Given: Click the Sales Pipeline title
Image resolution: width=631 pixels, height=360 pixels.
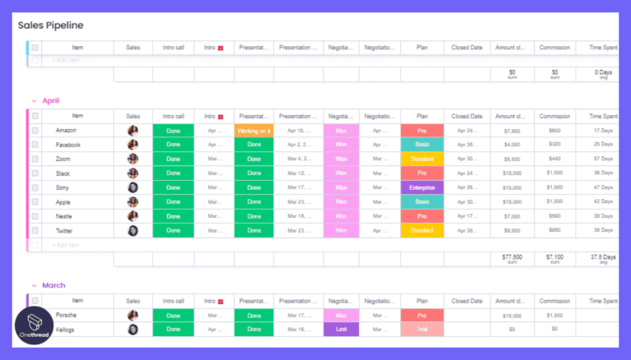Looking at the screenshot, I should coord(51,25).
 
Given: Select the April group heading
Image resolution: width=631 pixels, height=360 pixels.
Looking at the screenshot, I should coord(50,100).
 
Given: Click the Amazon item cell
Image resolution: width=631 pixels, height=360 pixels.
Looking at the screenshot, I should coord(67,131).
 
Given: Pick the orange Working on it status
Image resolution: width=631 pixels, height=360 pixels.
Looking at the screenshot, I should coord(254,131).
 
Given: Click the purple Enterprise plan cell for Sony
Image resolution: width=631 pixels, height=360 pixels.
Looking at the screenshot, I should coord(422,187).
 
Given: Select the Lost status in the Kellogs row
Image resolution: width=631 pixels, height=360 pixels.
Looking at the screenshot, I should coord(341,330).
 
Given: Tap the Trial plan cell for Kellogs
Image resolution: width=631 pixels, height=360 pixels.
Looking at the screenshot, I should coord(422,330).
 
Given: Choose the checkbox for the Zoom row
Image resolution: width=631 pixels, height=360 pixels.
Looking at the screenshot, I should coord(35,159).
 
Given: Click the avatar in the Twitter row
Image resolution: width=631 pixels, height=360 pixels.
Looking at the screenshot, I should coord(133,230).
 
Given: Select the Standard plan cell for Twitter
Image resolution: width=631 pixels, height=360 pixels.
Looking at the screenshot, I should coord(422,230).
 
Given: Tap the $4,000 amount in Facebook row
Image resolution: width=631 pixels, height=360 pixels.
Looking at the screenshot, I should coord(512,145).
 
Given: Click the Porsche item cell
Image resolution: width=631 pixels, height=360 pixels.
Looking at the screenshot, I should coord(67,316).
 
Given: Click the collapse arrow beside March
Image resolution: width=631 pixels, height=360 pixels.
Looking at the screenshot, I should coord(34,285).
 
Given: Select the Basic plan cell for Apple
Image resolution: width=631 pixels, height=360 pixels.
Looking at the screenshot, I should coord(422,201).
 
